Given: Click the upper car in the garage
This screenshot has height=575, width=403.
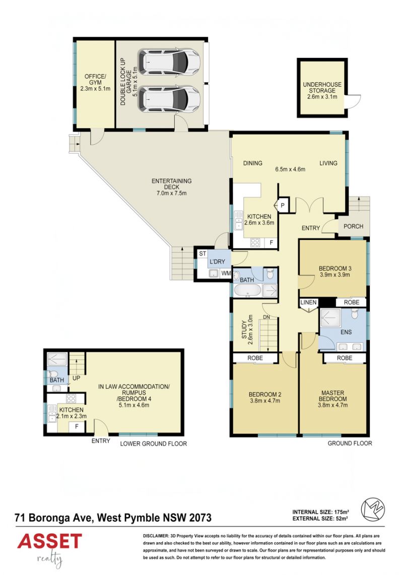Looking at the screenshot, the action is pyautogui.click(x=169, y=61).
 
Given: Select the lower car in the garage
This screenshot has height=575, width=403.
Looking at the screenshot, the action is pyautogui.click(x=169, y=99).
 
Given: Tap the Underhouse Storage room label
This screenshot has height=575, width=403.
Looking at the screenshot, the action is pyautogui.click(x=322, y=90).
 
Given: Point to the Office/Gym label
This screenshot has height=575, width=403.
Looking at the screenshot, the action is pyautogui.click(x=95, y=82).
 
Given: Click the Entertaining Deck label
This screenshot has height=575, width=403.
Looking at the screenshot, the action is pyautogui.click(x=172, y=186).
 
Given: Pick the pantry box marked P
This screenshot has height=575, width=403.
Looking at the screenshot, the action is pyautogui.click(x=283, y=206).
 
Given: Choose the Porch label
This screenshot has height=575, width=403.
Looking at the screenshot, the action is pyautogui.click(x=353, y=226).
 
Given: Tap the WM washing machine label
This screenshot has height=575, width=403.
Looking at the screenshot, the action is pyautogui.click(x=226, y=273).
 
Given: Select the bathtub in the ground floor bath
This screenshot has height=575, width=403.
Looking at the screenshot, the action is pyautogui.click(x=247, y=290).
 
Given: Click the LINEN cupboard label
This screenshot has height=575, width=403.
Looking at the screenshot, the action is pyautogui.click(x=308, y=302).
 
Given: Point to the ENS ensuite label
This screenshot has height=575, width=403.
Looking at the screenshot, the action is pyautogui.click(x=346, y=332).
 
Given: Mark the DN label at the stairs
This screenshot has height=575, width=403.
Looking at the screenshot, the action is pyautogui.click(x=266, y=317).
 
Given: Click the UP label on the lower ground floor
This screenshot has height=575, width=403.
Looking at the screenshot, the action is pyautogui.click(x=76, y=378).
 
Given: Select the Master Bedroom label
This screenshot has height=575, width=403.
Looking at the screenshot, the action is pyautogui.click(x=332, y=396).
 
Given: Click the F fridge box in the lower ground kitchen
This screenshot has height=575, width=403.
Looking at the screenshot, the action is pyautogui.click(x=77, y=426).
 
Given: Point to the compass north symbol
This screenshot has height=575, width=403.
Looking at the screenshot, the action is pyautogui.click(x=373, y=509).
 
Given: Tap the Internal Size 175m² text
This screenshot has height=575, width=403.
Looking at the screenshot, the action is pyautogui.click(x=320, y=512).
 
